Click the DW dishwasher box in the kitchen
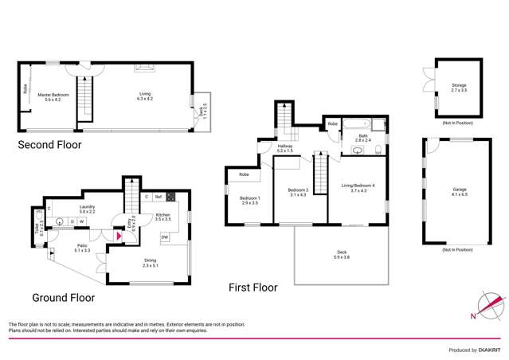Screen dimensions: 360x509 164,237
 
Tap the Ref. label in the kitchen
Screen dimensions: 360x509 159,197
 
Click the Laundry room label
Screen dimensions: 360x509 88,209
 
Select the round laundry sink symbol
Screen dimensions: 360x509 59,222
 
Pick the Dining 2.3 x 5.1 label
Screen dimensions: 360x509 150,264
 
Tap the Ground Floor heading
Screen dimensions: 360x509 63,298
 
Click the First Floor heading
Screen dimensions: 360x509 255,287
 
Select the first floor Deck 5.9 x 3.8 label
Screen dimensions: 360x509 340,256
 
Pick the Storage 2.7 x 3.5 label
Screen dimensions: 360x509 458,88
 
